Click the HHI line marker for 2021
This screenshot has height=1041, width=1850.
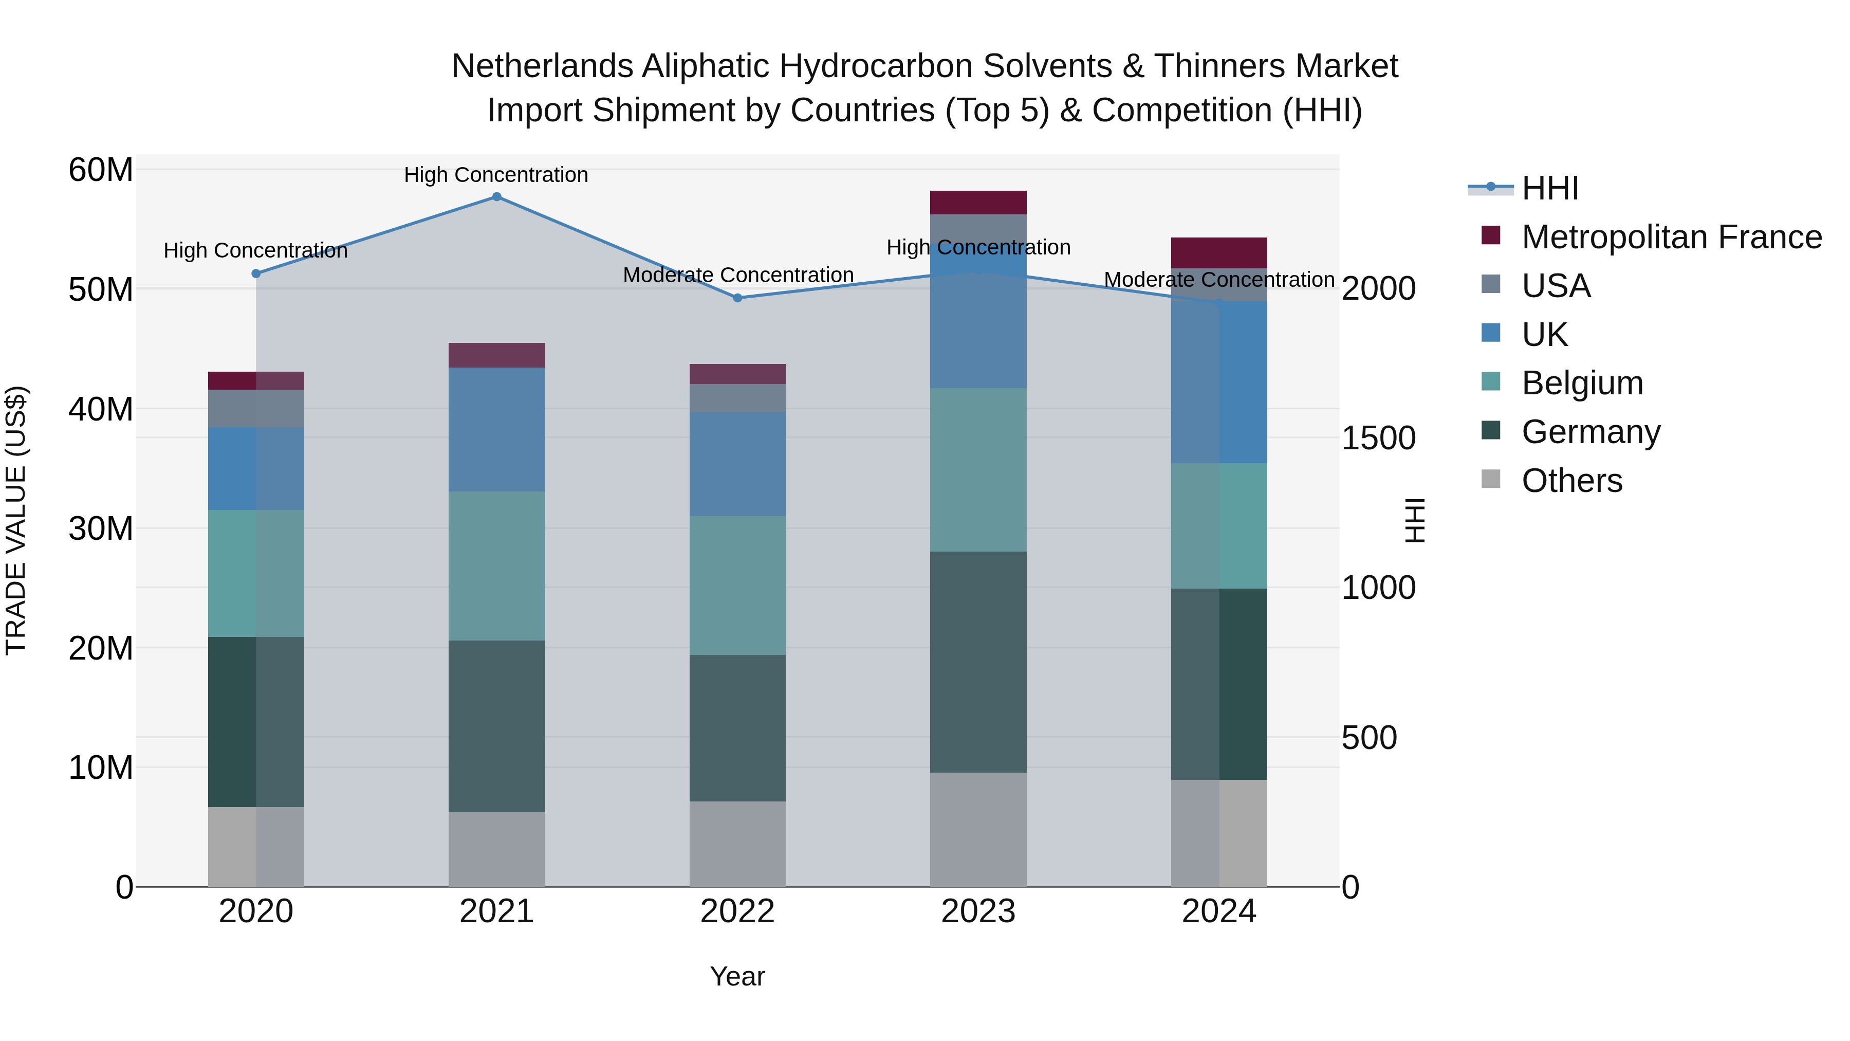(x=496, y=197)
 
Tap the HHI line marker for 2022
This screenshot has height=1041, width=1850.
(x=737, y=298)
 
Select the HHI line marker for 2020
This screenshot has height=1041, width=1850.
(x=256, y=273)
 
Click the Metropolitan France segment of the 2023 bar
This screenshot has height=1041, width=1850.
(x=978, y=203)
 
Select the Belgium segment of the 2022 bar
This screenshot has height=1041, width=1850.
(x=737, y=586)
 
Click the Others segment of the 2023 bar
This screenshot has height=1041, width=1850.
(x=978, y=829)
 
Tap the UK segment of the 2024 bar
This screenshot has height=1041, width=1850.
(x=1219, y=382)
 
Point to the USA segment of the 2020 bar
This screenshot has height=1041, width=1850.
(x=256, y=408)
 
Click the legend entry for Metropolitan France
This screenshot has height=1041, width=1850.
(x=1671, y=237)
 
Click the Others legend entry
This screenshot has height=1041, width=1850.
(x=1571, y=481)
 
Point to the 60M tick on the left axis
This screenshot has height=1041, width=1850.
(x=101, y=170)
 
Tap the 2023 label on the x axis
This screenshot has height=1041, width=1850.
(x=978, y=911)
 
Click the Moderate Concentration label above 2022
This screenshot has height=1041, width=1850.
(x=737, y=275)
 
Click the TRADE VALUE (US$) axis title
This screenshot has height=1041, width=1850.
(x=16, y=520)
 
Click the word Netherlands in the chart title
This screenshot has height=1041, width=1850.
(x=542, y=66)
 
